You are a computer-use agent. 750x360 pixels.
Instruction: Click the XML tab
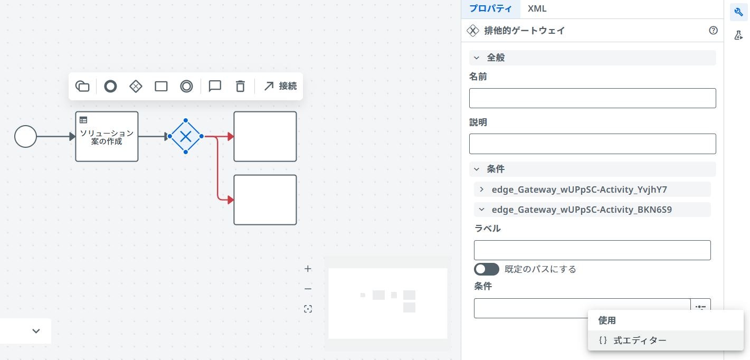tap(537, 9)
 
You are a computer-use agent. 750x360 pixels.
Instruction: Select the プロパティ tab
tap(490, 9)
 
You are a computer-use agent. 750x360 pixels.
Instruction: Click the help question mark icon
tap(713, 31)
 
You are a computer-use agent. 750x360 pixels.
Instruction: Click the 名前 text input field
tap(592, 98)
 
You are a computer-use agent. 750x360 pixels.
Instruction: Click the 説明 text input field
tap(592, 144)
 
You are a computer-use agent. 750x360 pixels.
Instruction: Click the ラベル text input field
tap(592, 250)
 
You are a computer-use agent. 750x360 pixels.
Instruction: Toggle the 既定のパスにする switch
tap(486, 269)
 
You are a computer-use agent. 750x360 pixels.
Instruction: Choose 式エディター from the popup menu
tap(640, 340)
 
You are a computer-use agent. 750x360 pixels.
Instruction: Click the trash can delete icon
tap(240, 86)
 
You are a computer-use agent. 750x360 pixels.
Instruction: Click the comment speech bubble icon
tap(215, 86)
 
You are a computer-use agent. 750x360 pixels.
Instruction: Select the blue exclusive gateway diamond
tap(186, 137)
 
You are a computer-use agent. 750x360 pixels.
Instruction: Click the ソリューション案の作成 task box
tap(107, 137)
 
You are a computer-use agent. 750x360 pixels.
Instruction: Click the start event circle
tap(25, 137)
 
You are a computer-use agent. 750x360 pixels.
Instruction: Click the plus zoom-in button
tap(308, 269)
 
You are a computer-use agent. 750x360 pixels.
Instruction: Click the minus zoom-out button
tap(308, 289)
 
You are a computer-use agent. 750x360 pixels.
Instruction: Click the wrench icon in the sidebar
tap(738, 12)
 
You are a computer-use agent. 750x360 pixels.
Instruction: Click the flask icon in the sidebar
tap(738, 35)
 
